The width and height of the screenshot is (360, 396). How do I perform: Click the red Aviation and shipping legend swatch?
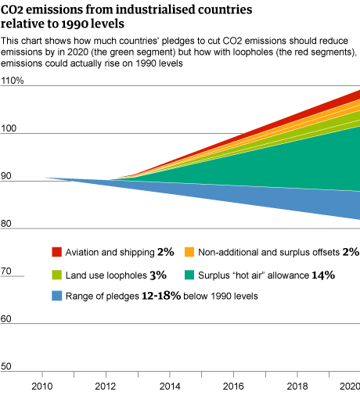tap(56, 252)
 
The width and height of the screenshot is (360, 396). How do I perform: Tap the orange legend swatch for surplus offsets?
tap(189, 252)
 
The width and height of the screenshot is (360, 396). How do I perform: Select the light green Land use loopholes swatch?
tap(56, 275)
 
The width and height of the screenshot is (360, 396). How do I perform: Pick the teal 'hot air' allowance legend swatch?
tap(189, 275)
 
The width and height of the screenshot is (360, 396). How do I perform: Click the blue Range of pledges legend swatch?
tap(56, 297)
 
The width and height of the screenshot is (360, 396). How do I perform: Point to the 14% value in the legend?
tap(323, 275)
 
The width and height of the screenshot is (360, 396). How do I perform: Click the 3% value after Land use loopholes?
tap(158, 275)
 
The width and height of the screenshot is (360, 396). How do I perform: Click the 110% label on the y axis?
tap(12, 81)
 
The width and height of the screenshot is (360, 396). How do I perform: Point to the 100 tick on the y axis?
tap(9, 128)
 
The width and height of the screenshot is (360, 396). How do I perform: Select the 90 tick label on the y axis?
tap(6, 176)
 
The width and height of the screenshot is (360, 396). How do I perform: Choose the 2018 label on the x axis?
tap(295, 386)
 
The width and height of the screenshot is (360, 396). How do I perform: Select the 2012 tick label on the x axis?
tap(105, 386)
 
